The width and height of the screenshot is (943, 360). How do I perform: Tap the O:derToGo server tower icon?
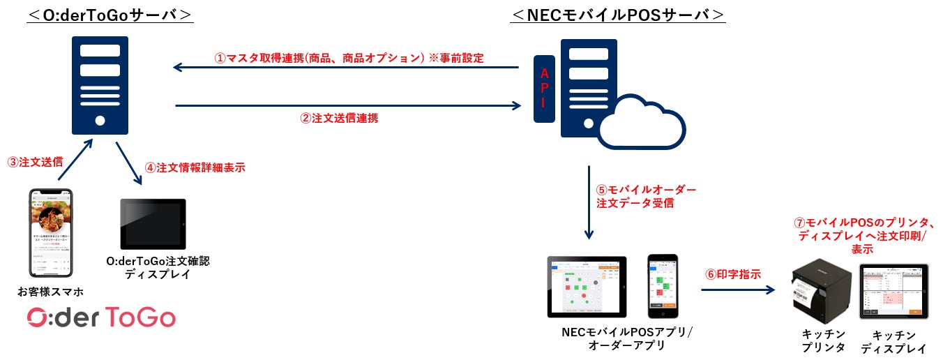tap(100, 85)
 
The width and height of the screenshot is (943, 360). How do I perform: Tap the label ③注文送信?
tap(36, 162)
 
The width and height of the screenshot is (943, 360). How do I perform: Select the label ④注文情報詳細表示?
tap(195, 167)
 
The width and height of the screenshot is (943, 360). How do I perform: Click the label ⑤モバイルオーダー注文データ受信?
tap(645, 196)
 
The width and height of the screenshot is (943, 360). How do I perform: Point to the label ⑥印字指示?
tap(732, 273)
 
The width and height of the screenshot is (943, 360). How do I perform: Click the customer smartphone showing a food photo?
tap(51, 233)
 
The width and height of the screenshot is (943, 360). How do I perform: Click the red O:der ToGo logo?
tap(101, 318)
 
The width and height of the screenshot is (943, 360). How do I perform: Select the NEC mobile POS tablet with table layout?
tap(587, 286)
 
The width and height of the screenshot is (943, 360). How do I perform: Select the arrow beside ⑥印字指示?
tap(739, 287)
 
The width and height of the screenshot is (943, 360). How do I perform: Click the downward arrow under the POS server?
tap(589, 202)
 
